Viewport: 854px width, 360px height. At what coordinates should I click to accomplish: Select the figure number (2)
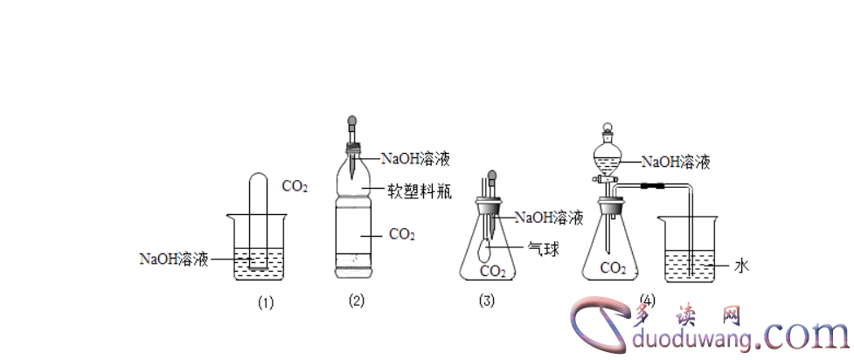(357, 301)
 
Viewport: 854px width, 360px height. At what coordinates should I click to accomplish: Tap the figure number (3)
(488, 301)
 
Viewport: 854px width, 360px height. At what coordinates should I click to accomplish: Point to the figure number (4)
(647, 298)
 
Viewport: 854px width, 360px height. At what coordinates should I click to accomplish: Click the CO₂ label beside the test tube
(294, 186)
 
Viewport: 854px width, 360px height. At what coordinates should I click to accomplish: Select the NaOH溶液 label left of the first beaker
(174, 259)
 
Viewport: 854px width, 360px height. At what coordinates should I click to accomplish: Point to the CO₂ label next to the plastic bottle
(401, 233)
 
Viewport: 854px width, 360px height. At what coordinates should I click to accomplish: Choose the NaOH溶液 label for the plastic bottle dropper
(414, 159)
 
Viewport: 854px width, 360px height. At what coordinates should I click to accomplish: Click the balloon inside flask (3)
(485, 252)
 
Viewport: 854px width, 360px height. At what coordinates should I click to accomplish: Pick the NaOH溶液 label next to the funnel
(676, 162)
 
